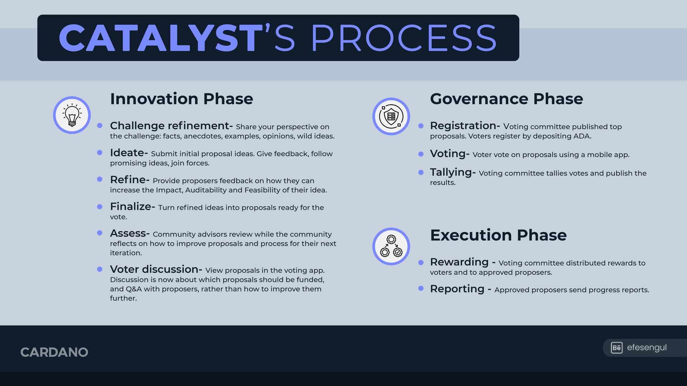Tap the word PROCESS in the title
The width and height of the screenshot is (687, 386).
click(x=404, y=38)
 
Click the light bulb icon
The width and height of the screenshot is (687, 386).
click(x=72, y=115)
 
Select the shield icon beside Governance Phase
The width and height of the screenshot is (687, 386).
click(x=391, y=116)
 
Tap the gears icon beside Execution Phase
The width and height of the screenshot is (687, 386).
click(x=391, y=246)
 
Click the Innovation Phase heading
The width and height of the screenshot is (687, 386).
click(x=181, y=99)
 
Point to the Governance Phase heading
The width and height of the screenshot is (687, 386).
click(x=506, y=99)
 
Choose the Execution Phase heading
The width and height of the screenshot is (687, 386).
click(x=498, y=235)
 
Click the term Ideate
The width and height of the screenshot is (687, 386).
click(x=127, y=153)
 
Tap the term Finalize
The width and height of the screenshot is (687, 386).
click(x=131, y=206)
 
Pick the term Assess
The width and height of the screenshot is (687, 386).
click(x=128, y=233)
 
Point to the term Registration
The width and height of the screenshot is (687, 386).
click(x=463, y=125)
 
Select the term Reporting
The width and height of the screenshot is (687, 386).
click(x=457, y=288)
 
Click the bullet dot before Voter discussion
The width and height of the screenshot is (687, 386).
click(x=100, y=269)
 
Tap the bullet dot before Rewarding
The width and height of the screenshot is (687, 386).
click(x=421, y=262)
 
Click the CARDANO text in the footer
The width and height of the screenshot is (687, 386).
click(x=54, y=352)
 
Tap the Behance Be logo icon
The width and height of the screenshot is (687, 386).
click(x=617, y=348)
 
